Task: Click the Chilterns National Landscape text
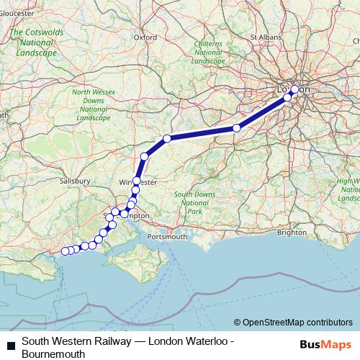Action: [x=209, y=53]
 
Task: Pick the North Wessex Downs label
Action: [x=91, y=104]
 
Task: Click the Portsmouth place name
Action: [x=166, y=236]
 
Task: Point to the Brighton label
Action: [x=291, y=233]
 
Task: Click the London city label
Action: [x=293, y=89]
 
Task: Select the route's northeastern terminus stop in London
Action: [x=294, y=89]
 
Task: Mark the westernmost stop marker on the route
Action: [x=65, y=251]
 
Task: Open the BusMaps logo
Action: [x=324, y=345]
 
